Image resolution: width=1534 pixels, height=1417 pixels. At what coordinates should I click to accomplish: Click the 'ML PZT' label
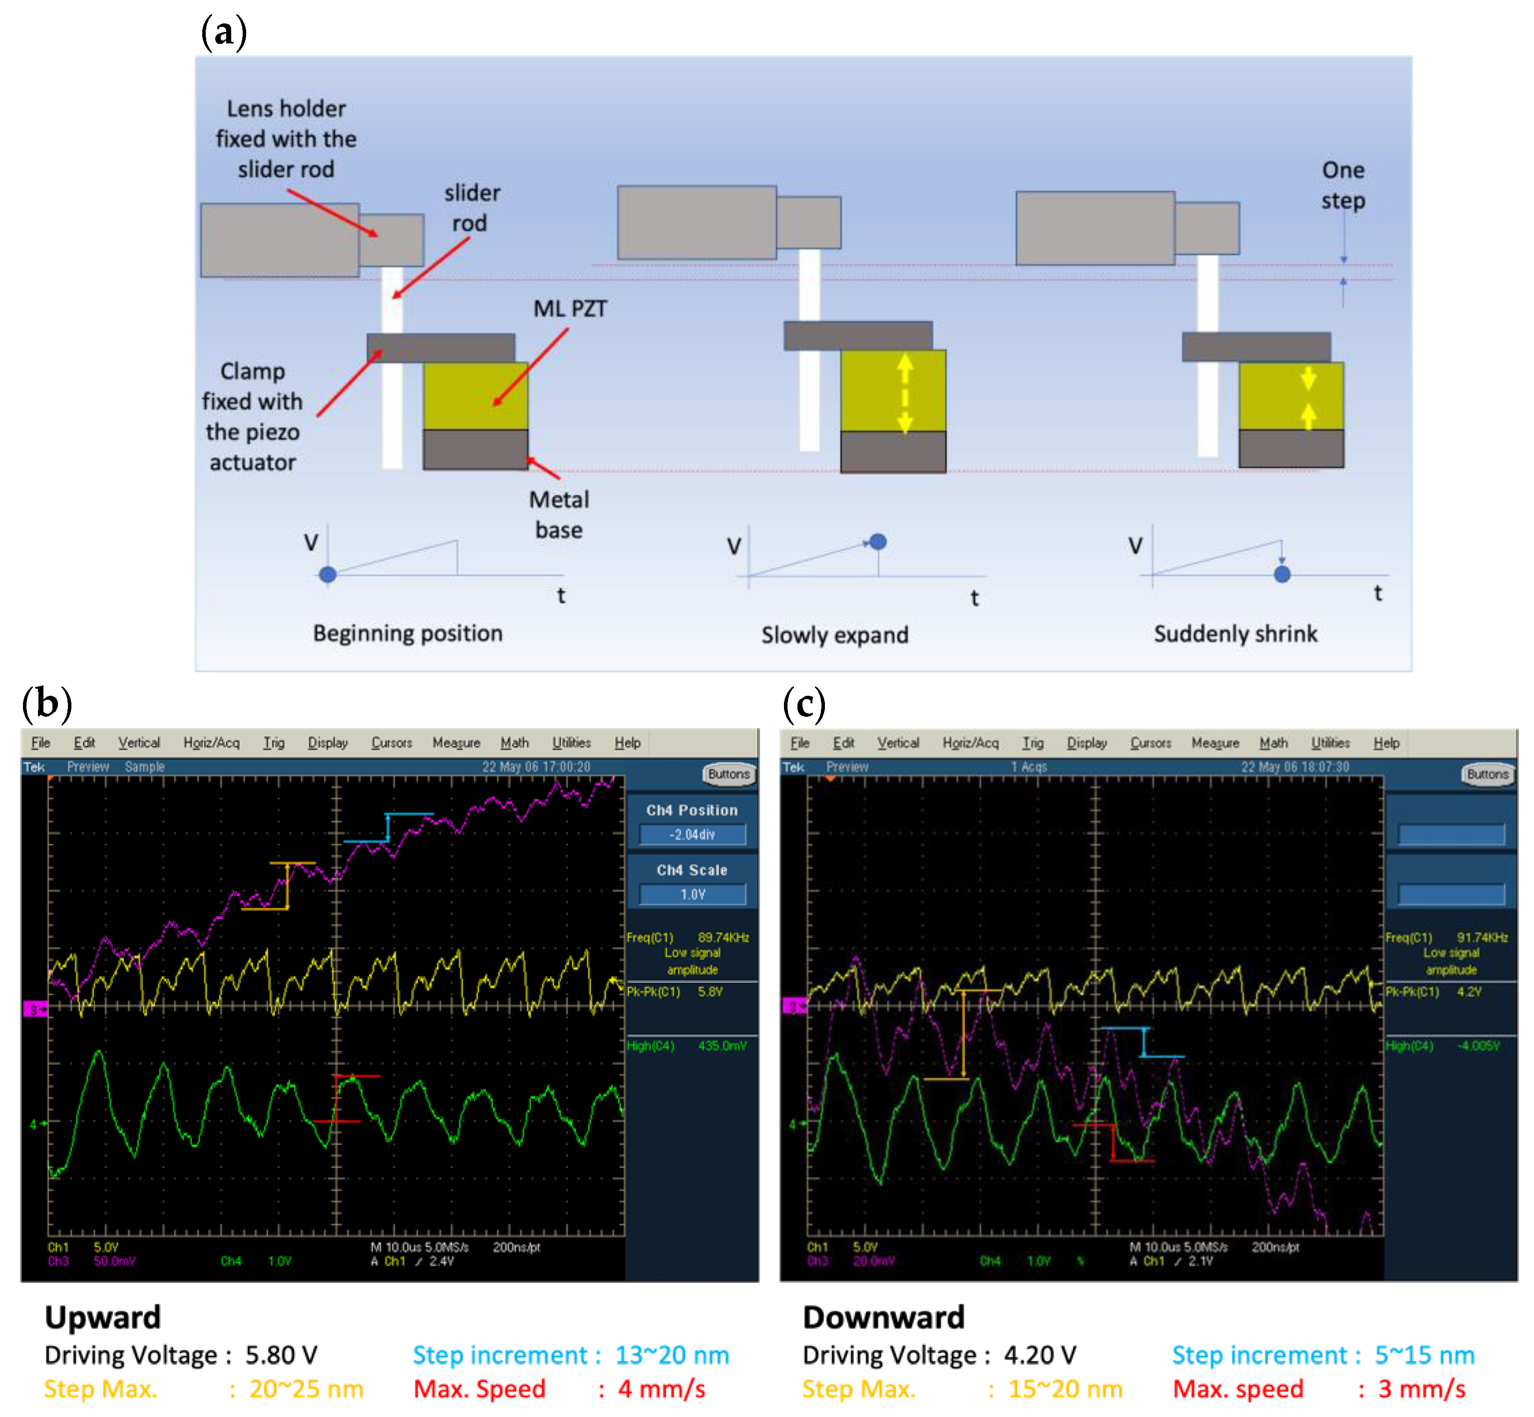tap(569, 308)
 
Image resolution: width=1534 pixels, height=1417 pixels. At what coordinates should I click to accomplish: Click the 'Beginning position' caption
tap(407, 633)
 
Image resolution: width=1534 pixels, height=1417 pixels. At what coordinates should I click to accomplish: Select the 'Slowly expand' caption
tap(834, 635)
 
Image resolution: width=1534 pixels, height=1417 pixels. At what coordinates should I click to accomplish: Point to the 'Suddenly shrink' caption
tap(1235, 633)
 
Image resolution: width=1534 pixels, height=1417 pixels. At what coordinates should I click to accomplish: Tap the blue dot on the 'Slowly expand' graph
tap(878, 542)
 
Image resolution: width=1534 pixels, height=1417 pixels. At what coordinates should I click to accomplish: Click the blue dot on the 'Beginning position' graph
tap(328, 574)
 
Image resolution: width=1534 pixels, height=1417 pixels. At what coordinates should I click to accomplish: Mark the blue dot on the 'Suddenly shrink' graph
tap(1282, 573)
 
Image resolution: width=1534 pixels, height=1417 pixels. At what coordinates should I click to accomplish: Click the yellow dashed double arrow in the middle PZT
tap(905, 393)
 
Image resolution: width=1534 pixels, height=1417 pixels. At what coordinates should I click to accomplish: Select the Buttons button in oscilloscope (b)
tap(728, 774)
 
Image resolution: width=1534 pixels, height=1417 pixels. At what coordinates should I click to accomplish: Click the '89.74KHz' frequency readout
tap(723, 937)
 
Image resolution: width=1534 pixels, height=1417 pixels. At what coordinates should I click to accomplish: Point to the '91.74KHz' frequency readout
tap(1482, 937)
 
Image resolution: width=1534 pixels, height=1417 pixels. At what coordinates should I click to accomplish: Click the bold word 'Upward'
tap(103, 1317)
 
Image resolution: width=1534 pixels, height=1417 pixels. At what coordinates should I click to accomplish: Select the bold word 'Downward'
tap(883, 1317)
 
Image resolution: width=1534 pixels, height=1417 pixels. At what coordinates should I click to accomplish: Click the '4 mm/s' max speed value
tap(661, 1389)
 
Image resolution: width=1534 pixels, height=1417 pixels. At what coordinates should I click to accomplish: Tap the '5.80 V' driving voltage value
tap(281, 1355)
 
